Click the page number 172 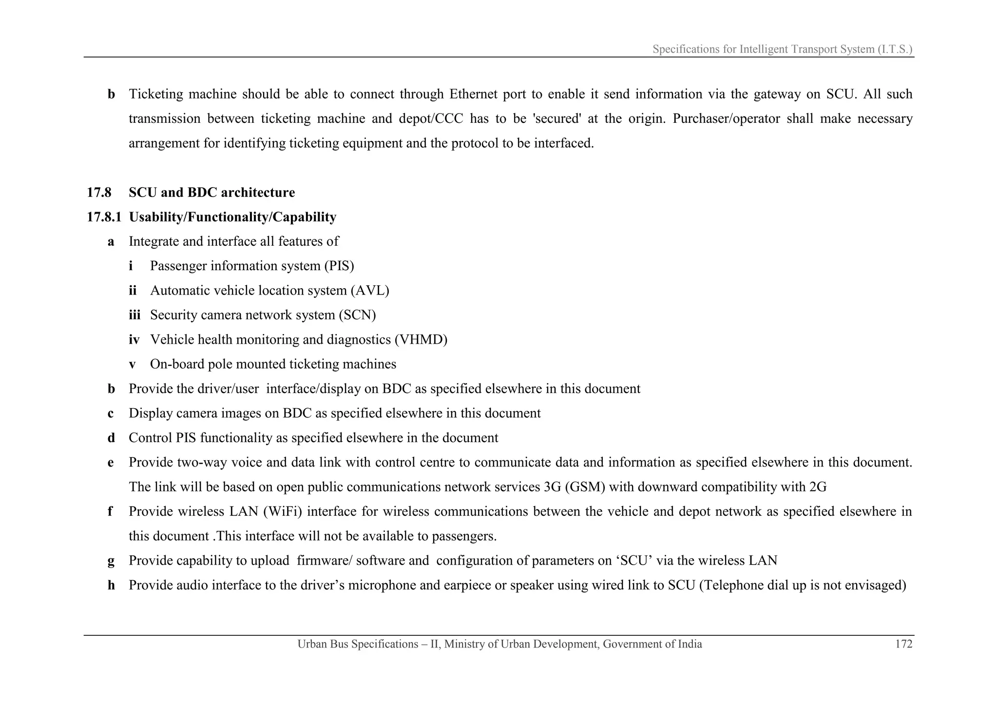coord(903,644)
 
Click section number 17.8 coord(99,193)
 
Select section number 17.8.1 coord(104,217)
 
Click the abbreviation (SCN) coord(358,315)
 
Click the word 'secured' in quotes coord(557,119)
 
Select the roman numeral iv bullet coord(134,339)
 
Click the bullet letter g coord(111,561)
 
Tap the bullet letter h coord(111,585)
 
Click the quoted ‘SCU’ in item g coord(634,561)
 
